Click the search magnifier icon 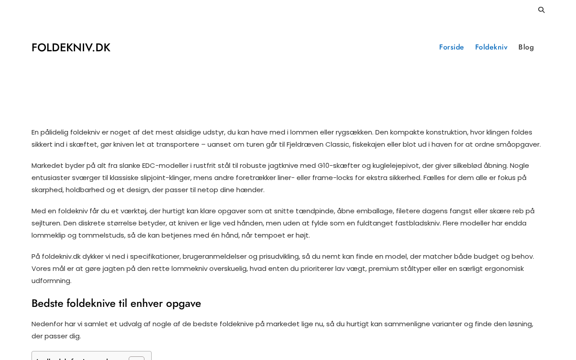pos(541,10)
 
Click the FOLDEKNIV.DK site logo pos(71,48)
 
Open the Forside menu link pos(451,47)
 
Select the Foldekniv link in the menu pos(491,47)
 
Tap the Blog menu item pos(526,47)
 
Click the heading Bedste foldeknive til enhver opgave pos(116,303)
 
